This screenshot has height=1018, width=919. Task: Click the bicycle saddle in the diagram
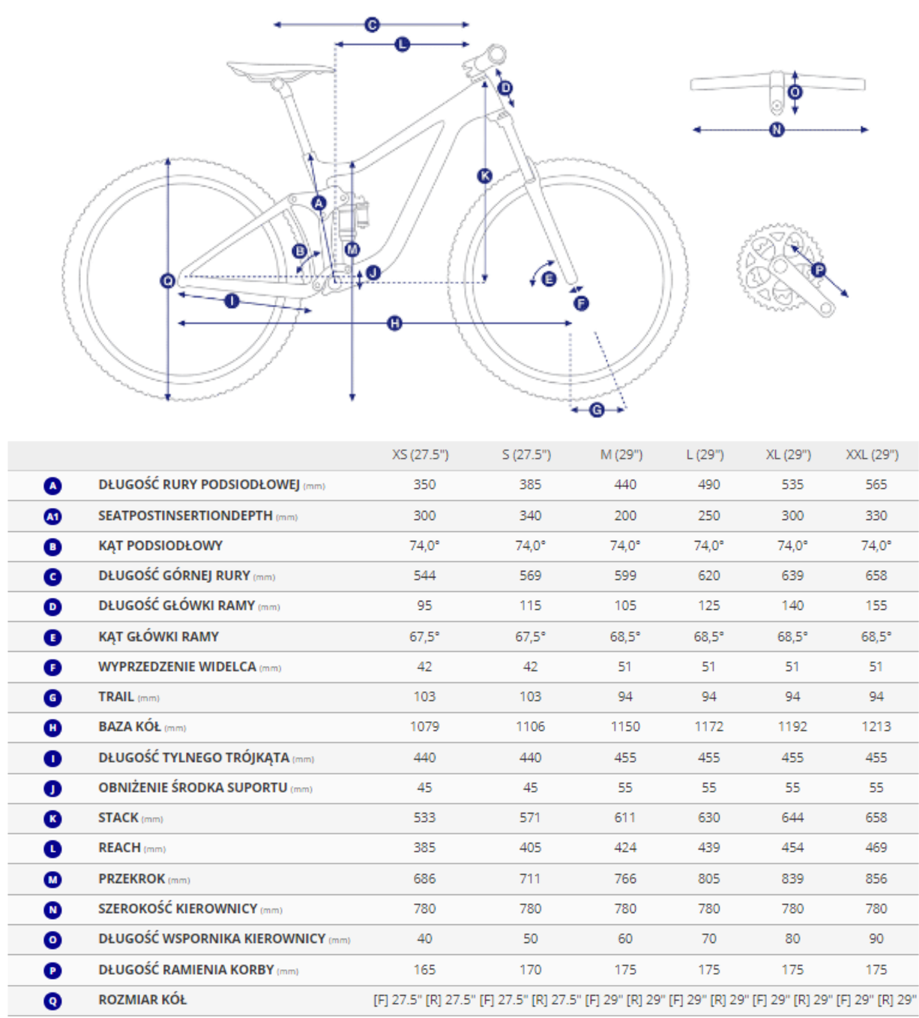click(280, 70)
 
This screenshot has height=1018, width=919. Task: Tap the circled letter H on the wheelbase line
click(395, 324)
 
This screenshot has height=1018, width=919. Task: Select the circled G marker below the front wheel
click(597, 410)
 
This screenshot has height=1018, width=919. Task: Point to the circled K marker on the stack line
click(485, 176)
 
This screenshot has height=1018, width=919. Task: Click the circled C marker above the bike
click(373, 25)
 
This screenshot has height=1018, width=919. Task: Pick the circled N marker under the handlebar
click(777, 130)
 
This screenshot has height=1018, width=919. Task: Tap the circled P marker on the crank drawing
click(819, 270)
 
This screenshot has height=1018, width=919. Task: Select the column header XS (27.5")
click(421, 455)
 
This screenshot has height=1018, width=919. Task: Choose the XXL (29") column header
click(872, 455)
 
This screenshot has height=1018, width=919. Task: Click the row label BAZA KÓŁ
click(130, 727)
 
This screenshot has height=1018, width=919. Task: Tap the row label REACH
click(120, 847)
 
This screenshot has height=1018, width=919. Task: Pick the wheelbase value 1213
click(876, 727)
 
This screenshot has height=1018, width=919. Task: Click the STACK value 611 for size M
click(625, 817)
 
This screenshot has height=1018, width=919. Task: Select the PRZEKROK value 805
click(708, 878)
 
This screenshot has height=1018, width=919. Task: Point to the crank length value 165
click(424, 969)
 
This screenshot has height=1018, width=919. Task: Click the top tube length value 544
click(424, 575)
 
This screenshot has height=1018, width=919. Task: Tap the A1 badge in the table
click(52, 516)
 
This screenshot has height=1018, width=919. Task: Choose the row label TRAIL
click(116, 697)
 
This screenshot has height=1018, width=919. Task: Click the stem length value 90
click(876, 939)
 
